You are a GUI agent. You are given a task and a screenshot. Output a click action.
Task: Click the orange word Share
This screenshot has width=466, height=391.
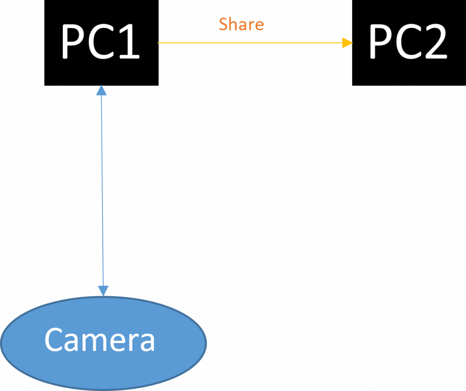(x=241, y=24)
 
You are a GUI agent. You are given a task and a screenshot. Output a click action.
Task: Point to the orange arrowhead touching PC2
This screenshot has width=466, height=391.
(x=348, y=43)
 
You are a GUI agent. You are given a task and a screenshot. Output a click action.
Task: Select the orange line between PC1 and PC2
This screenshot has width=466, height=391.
(x=250, y=43)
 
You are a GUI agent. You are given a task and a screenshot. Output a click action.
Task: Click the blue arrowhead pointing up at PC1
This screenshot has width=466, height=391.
(x=102, y=90)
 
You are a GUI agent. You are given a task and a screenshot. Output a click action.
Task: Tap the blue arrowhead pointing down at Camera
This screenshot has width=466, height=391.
(x=103, y=290)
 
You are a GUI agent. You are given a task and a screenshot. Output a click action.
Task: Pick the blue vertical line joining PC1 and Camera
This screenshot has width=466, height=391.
(x=102, y=191)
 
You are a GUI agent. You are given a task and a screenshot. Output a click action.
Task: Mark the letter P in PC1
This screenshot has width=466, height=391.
(x=74, y=42)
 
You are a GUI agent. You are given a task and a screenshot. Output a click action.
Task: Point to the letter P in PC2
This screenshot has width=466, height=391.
(x=381, y=42)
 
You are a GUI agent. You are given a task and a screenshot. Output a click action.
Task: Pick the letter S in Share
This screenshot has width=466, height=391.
(x=224, y=24)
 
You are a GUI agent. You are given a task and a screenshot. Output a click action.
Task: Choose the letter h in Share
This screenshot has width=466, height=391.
(x=233, y=24)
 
